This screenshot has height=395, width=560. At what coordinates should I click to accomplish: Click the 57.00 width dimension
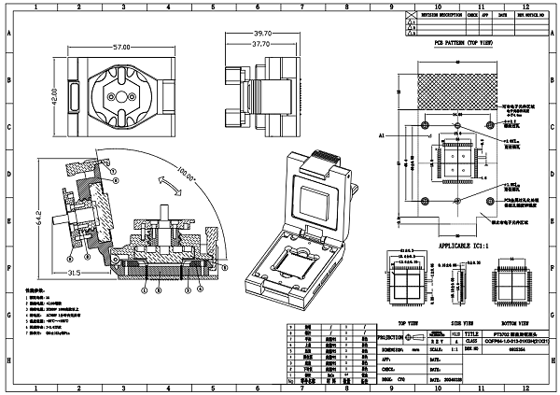click(x=120, y=47)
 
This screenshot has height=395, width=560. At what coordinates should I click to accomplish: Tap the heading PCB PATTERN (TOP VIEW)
click(x=463, y=44)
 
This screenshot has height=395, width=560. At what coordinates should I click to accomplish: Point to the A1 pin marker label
click(x=383, y=135)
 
